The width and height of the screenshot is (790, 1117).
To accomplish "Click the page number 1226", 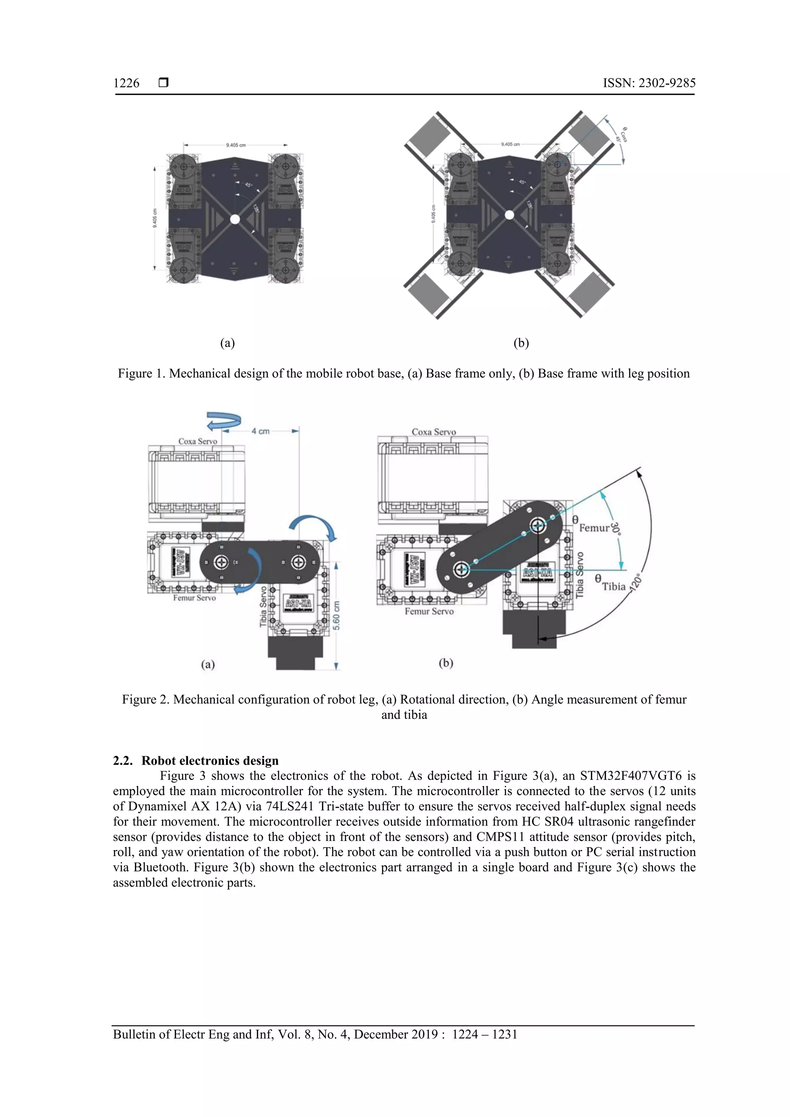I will [x=126, y=83].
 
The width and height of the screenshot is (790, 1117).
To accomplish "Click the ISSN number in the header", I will [x=649, y=83].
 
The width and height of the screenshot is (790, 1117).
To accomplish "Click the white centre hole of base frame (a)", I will [x=235, y=219].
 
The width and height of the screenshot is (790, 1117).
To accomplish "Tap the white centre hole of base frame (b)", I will [x=509, y=214].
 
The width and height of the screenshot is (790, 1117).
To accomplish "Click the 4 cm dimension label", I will [x=260, y=431].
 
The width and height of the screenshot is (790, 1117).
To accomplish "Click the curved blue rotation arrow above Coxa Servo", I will [x=223, y=420].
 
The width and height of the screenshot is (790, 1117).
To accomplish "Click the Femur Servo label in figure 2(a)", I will [x=194, y=598].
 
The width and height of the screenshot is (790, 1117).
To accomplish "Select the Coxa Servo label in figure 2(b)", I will [x=434, y=432].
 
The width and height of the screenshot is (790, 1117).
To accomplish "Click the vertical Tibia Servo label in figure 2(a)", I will [x=263, y=606].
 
